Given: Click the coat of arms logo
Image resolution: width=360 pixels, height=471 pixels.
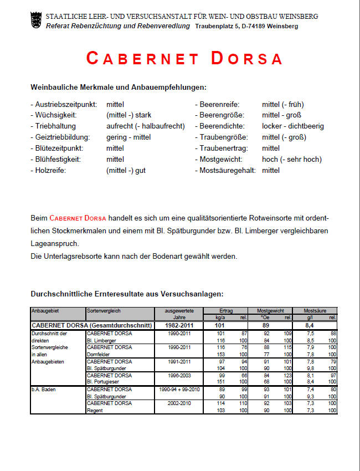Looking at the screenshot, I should click(x=37, y=21).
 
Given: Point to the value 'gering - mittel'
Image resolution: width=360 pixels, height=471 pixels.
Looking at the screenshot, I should click(x=128, y=137).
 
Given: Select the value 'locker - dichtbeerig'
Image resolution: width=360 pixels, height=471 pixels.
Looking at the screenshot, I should click(x=293, y=126).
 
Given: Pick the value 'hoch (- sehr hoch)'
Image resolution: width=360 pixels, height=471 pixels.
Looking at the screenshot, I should click(x=292, y=160).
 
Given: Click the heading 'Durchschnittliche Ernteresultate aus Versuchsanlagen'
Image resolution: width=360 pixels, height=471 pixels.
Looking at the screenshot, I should click(x=127, y=294).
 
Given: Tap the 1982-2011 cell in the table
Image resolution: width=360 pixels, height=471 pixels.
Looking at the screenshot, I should click(x=179, y=325).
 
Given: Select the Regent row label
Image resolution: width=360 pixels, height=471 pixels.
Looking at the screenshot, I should click(x=95, y=411).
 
